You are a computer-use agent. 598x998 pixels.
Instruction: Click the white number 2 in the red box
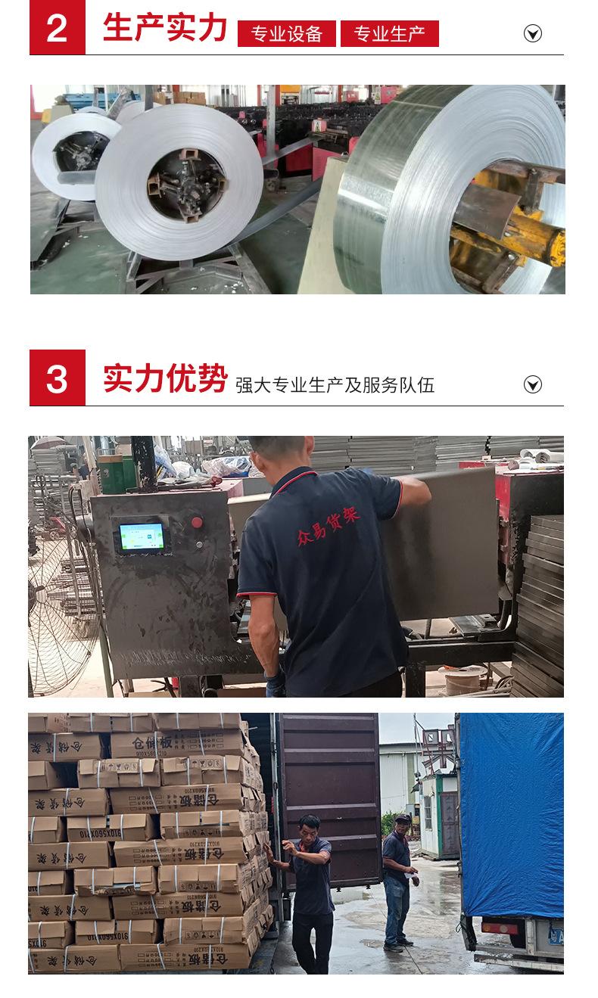coord(57,28)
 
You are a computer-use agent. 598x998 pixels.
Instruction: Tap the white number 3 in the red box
coord(57,378)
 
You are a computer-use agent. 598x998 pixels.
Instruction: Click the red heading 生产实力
coord(165,28)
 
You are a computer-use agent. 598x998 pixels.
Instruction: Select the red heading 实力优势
coord(165,378)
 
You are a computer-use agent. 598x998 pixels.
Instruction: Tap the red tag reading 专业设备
coord(286,34)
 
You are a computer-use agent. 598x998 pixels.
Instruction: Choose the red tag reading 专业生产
coord(389,34)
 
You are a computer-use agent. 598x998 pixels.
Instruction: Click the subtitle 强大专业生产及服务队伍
coord(335,385)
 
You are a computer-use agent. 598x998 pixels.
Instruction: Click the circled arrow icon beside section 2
coord(533,33)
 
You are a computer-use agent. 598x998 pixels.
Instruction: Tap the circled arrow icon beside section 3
coord(533,384)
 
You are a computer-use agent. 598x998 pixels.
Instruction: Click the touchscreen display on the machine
coord(142,536)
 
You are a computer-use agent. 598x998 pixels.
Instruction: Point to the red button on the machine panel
coord(197,522)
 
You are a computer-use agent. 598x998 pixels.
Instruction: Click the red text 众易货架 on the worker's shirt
coord(328,526)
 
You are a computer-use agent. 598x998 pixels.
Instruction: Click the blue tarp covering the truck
coord(512,813)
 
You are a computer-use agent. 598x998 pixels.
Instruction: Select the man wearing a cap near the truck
coord(398,878)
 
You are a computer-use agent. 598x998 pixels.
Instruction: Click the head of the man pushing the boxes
coord(308,825)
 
